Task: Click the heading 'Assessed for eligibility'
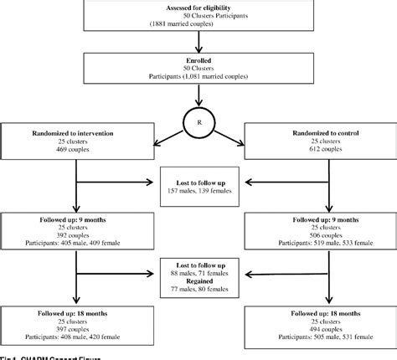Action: [198, 8]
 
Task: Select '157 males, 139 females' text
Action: [198, 191]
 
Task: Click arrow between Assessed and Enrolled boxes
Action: [198, 44]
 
